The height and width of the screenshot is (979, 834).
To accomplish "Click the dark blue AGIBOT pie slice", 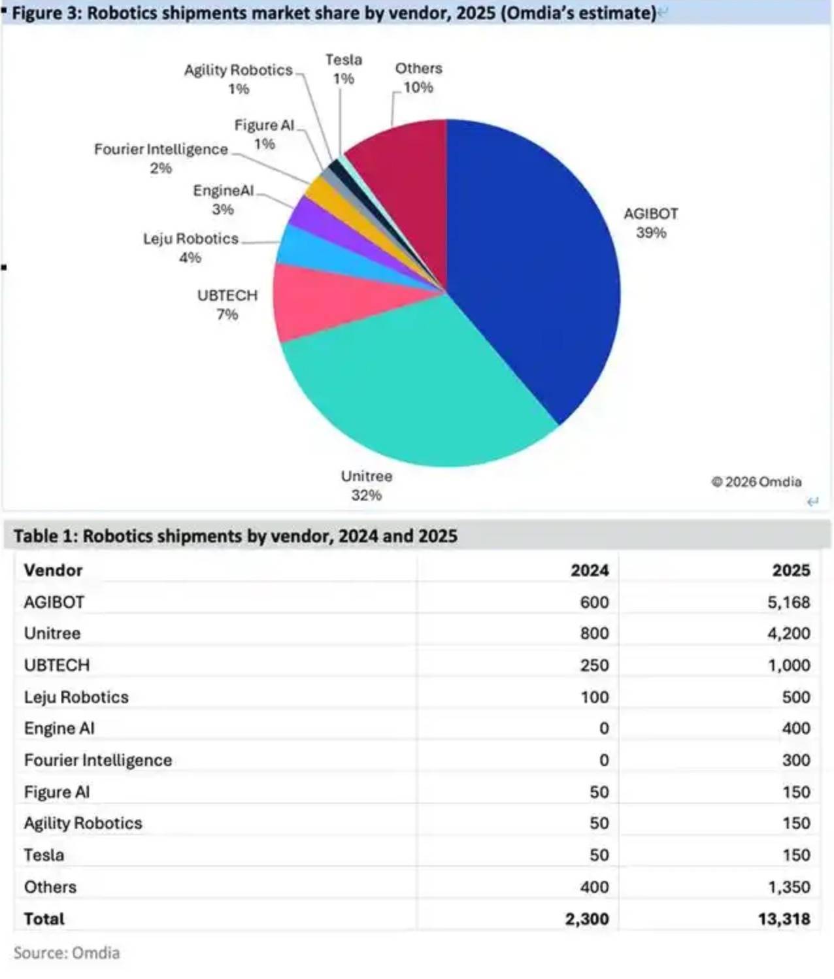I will click(536, 274).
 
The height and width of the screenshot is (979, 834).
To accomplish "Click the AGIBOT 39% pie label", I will click(650, 223).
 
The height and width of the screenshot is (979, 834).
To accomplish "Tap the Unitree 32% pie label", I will click(366, 486).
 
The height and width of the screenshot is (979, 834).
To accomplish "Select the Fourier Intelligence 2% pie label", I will click(161, 158).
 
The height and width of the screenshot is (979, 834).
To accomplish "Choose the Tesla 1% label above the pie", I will click(344, 69).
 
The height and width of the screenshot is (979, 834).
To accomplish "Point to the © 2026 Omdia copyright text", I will click(756, 482).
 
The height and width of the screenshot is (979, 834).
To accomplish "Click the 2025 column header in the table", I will click(791, 570).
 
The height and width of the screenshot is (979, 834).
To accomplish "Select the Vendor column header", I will click(53, 570).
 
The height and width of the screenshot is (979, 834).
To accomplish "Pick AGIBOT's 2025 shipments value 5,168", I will click(788, 602).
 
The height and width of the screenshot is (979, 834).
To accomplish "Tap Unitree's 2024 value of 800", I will click(594, 633).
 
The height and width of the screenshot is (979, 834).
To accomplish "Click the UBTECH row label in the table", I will click(57, 665).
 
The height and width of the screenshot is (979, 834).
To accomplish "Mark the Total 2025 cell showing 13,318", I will click(784, 919).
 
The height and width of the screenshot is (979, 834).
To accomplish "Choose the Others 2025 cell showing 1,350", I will click(788, 887).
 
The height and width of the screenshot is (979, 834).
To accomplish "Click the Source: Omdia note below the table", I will click(67, 953).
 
